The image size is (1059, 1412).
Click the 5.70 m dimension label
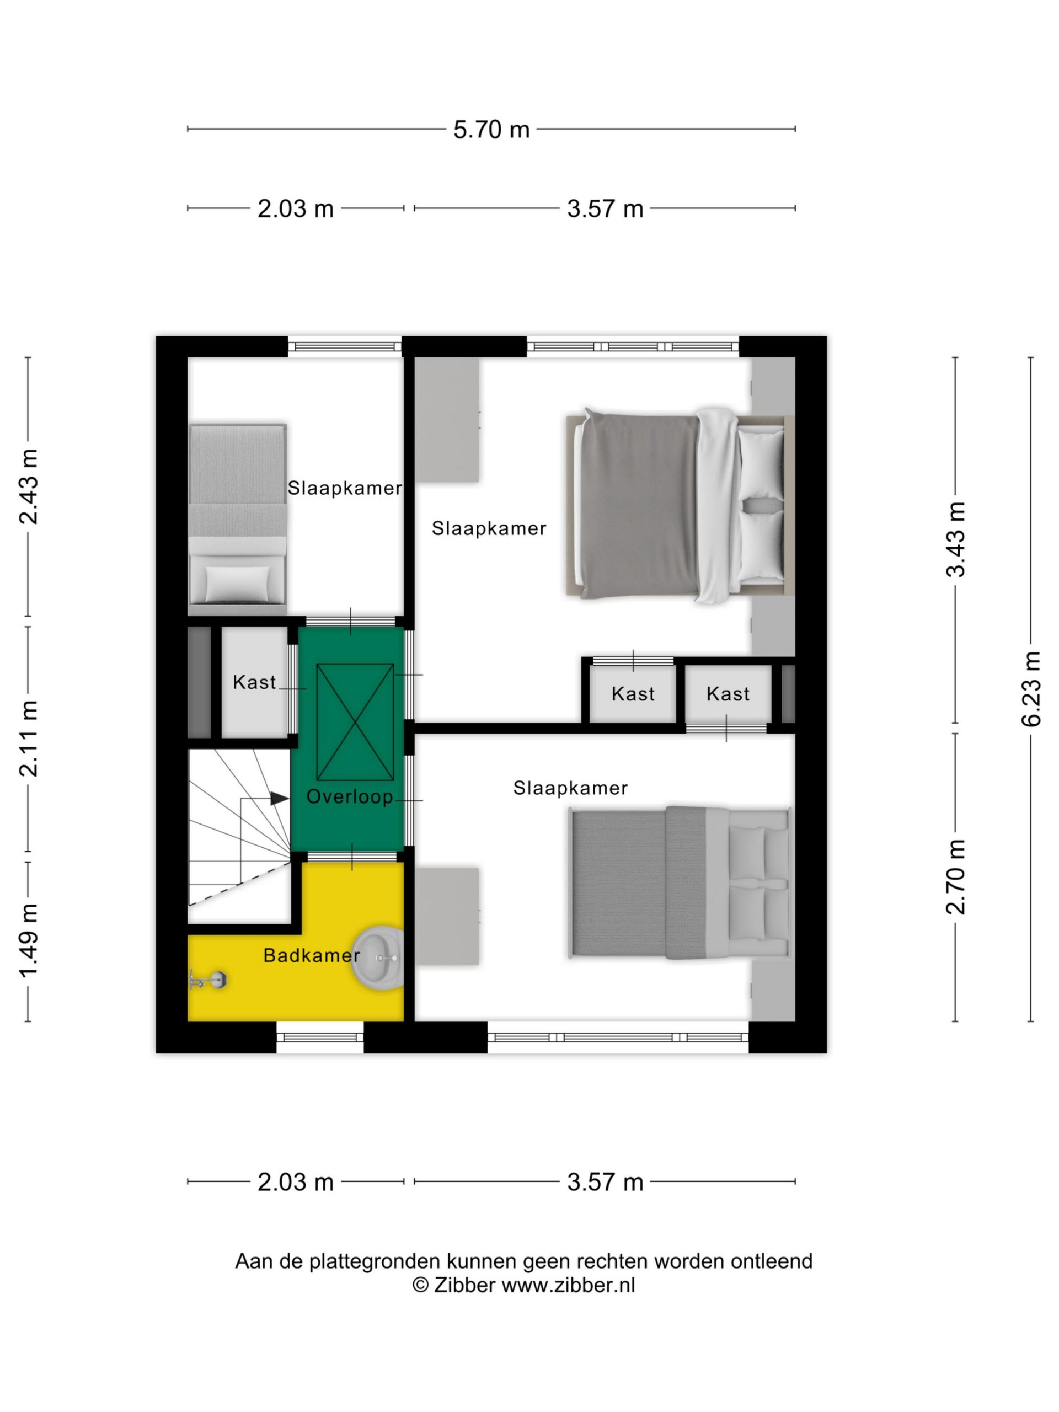click(x=491, y=130)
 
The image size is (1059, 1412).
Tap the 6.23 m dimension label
click(x=1030, y=689)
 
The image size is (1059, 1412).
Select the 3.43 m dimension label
click(x=956, y=539)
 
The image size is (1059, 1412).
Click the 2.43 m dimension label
click(x=29, y=486)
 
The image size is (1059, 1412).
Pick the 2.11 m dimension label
click(x=29, y=739)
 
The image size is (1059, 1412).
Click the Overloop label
click(x=349, y=796)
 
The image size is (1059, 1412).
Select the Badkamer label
click(x=312, y=956)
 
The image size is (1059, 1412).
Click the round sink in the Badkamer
click(x=378, y=958)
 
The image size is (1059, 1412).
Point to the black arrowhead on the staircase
click(x=279, y=798)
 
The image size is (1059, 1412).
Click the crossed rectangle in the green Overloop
click(x=355, y=722)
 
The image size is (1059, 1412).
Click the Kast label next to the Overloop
click(x=254, y=682)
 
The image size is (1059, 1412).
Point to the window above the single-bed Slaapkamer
click(x=345, y=347)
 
